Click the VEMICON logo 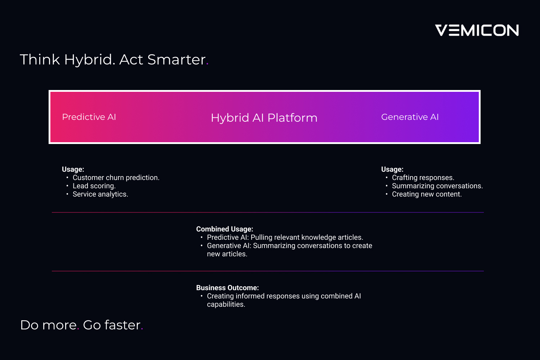point(477,30)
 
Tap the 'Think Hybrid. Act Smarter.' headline point(114,60)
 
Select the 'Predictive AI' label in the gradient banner point(89,117)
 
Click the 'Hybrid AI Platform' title point(264,118)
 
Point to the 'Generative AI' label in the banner point(410,117)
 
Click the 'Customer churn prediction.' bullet point(116,178)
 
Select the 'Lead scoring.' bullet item point(94,186)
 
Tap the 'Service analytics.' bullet point(100,194)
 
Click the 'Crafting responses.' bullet point(423,178)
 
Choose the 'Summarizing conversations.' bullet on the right point(437,186)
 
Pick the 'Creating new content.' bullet point(427,194)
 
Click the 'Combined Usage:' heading point(224,229)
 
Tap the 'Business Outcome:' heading point(227,288)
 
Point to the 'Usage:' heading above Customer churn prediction point(73,169)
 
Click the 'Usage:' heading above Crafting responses point(392,169)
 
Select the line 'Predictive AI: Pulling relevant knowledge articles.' point(285,238)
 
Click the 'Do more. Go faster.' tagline point(82,325)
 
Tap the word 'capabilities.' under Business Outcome point(226,305)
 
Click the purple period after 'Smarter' point(207,64)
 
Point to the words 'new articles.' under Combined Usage point(227,254)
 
